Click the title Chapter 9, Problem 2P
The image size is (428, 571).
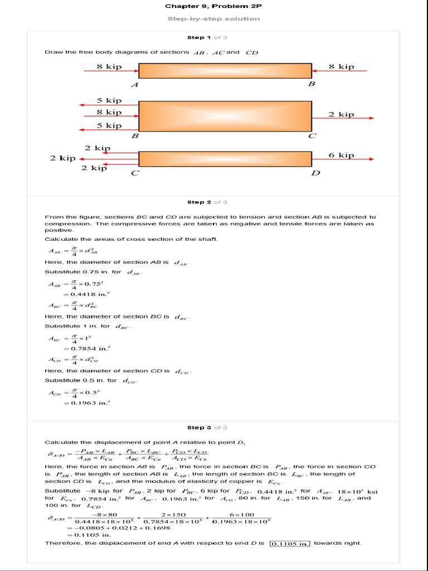[213, 6]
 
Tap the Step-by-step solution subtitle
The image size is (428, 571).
[213, 18]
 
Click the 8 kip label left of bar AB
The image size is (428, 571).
[109, 66]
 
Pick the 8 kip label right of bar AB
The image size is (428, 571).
[341, 66]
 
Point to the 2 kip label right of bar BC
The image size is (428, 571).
[341, 114]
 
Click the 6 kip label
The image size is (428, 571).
[341, 156]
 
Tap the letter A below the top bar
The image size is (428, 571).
[134, 85]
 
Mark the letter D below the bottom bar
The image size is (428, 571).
[315, 173]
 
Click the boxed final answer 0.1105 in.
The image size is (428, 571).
[290, 543]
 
